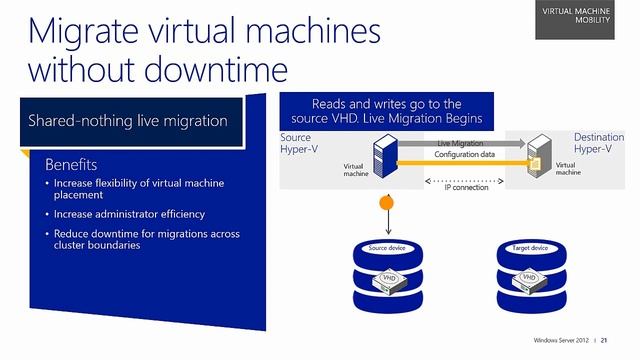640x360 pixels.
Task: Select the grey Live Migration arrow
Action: point(460,143)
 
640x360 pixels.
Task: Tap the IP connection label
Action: point(467,188)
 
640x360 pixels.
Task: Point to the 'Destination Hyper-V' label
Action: point(599,143)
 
